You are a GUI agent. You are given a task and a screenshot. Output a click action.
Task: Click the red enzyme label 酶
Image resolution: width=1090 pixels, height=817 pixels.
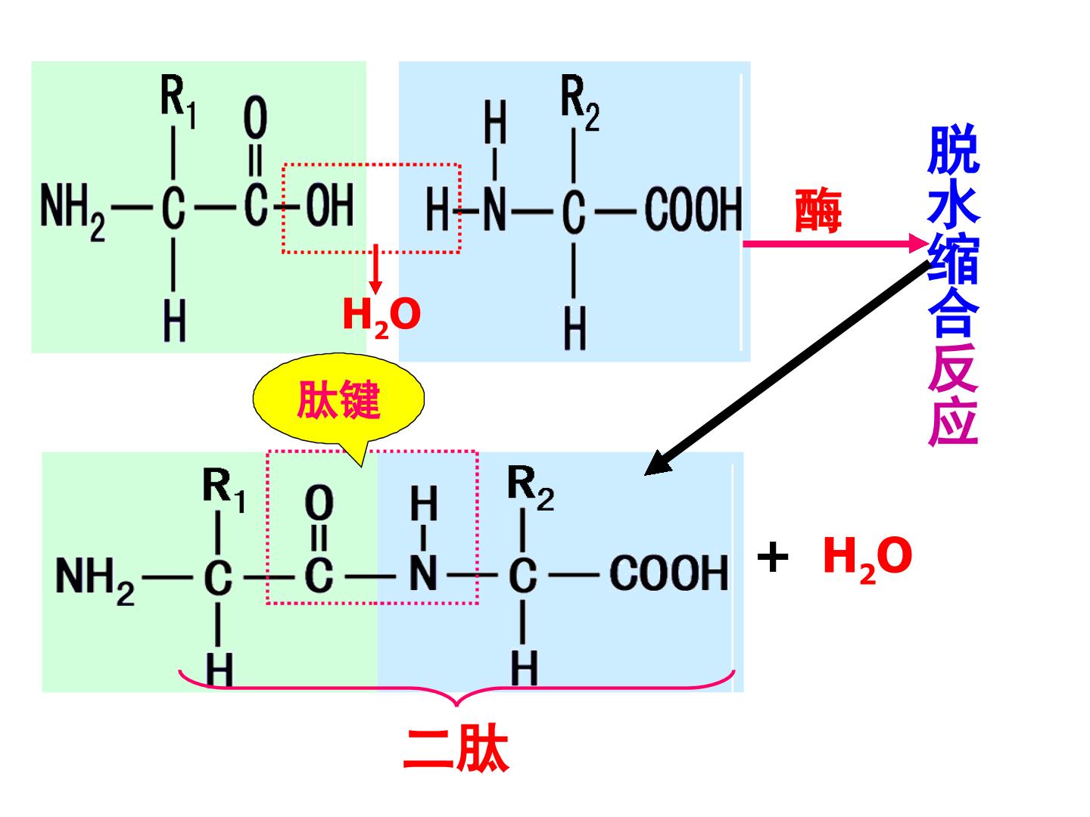click(817, 210)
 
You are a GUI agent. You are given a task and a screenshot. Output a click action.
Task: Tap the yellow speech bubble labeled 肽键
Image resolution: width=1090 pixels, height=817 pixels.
click(338, 400)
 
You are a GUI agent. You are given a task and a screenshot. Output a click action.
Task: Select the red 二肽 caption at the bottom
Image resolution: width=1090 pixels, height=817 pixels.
click(456, 749)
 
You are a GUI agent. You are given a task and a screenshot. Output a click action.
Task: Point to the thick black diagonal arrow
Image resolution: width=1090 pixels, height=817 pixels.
click(787, 368)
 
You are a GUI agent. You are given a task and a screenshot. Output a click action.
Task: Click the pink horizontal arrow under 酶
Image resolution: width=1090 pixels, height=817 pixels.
click(835, 244)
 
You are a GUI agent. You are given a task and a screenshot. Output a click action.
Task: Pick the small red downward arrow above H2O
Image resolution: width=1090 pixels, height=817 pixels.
click(375, 269)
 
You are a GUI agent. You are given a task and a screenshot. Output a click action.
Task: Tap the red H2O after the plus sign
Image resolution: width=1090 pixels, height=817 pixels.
click(867, 559)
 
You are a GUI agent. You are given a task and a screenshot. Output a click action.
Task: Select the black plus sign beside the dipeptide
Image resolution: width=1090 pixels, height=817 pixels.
click(773, 557)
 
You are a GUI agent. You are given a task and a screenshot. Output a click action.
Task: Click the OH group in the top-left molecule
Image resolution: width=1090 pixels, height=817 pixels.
click(330, 204)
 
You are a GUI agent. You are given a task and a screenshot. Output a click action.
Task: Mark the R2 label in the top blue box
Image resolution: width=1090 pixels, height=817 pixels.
click(580, 102)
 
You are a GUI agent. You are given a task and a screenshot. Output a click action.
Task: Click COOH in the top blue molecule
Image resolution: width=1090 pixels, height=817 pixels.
click(693, 210)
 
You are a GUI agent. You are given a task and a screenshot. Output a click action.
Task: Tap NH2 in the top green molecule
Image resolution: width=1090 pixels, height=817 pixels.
click(73, 211)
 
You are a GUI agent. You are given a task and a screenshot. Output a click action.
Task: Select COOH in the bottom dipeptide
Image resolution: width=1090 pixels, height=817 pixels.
click(668, 573)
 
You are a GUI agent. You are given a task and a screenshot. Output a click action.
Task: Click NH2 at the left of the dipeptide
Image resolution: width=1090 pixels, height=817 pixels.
click(95, 579)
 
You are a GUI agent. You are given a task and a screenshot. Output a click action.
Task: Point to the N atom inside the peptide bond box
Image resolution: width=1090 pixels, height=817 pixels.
click(423, 573)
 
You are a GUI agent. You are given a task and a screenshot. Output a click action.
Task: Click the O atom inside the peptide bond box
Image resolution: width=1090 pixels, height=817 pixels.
click(319, 502)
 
